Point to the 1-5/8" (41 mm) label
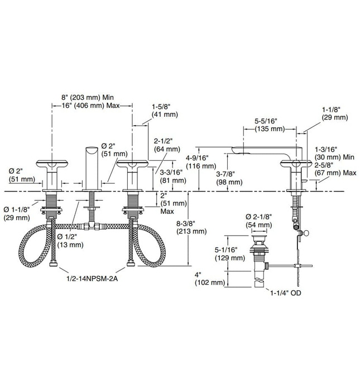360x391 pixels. [162, 106]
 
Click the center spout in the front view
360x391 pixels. [90, 165]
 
